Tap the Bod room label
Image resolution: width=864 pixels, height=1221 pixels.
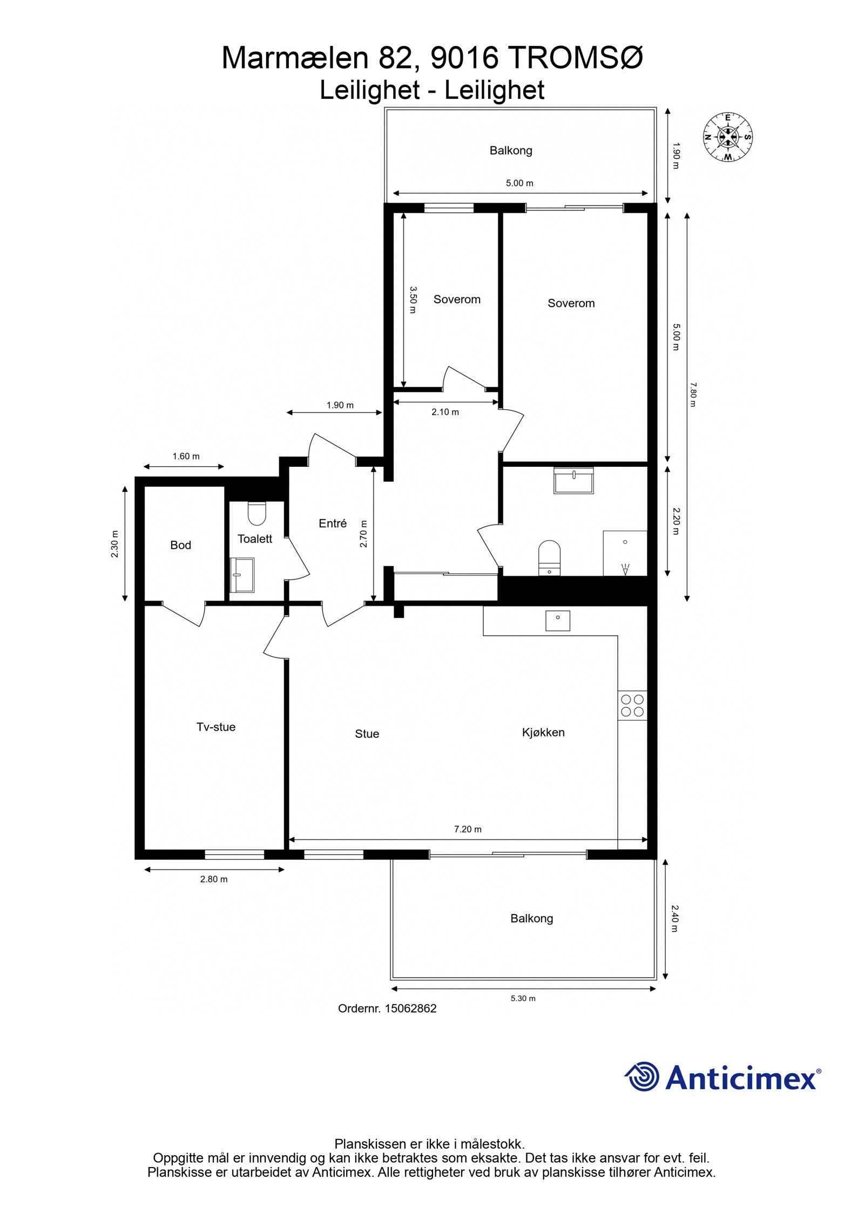point(180,545)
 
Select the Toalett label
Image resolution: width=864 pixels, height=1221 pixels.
point(255,538)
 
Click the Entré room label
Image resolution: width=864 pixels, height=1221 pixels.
point(333,523)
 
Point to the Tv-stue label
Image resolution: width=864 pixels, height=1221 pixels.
point(216,727)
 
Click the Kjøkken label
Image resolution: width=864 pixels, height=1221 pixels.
point(543,732)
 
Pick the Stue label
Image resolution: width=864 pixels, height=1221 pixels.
point(367,734)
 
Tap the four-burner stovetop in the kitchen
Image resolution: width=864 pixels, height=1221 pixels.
point(632,705)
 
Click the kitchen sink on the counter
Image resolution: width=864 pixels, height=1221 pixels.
point(558,620)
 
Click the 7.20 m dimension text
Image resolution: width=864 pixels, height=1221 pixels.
point(468,829)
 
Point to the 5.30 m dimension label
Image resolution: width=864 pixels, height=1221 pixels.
point(523,998)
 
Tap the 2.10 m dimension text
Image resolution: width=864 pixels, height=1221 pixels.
point(445,412)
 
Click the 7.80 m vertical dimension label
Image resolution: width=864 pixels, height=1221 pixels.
point(693,394)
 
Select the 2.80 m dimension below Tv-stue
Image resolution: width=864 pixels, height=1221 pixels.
point(214,879)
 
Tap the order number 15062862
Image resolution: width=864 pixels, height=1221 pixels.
point(410,1008)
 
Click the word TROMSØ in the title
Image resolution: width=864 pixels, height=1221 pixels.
point(576,58)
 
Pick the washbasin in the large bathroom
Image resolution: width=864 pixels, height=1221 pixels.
point(573,480)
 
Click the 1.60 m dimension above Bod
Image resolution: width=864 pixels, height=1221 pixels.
point(186,456)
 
